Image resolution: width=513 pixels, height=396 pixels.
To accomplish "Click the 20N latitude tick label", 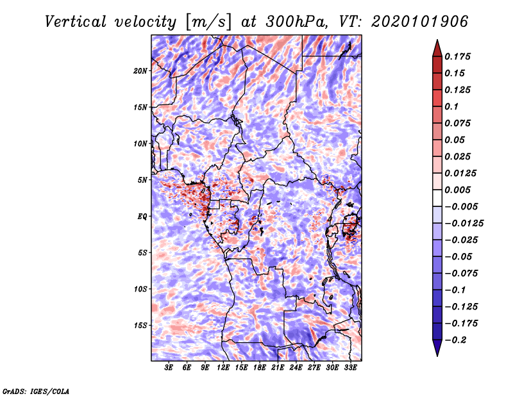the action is coord(140,71).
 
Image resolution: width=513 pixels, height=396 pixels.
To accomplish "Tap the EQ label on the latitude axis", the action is coord(142,217).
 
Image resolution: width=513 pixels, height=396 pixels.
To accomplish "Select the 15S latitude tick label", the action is coord(140,326).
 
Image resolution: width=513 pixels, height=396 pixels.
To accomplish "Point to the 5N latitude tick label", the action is coord(142,180).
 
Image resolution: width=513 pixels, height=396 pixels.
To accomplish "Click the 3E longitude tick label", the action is coord(169,368).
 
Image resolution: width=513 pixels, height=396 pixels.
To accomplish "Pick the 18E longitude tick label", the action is coord(260,368).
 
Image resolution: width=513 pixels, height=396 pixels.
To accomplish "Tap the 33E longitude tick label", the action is coord(350,368).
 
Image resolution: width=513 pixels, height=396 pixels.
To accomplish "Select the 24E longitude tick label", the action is coord(296,368).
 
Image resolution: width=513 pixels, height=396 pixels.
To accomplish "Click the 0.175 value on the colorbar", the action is coord(457,56).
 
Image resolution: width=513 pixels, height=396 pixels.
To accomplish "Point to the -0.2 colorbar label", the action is coord(455,340).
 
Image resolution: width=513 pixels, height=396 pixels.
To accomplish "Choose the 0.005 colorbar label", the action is coord(457,190).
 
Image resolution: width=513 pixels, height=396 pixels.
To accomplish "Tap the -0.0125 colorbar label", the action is coord(464,224).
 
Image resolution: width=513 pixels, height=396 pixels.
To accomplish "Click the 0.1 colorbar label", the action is coord(451,106).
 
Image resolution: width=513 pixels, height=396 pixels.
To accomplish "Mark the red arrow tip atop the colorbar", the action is coord(437,40).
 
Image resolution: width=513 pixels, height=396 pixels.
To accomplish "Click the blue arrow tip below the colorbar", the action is coord(437,356).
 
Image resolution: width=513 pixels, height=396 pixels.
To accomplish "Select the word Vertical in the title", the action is coord(76,22).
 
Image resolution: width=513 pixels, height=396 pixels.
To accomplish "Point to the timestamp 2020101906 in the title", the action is coord(420,22).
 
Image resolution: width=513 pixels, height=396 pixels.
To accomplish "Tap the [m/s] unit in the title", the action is coord(208,22).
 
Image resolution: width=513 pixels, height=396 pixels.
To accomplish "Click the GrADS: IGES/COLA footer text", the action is coord(36,391).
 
